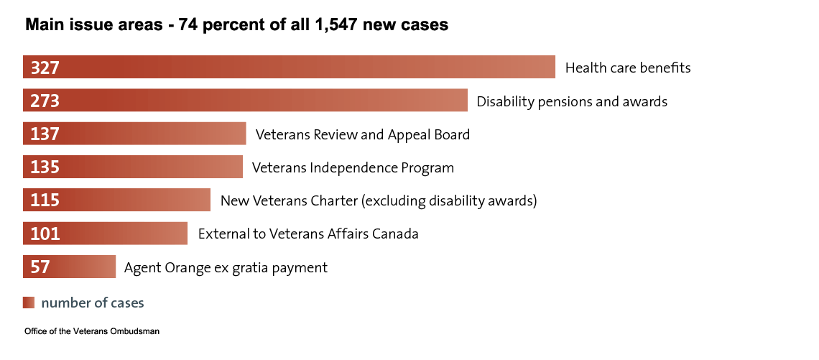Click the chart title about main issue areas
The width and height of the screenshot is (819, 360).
point(237,25)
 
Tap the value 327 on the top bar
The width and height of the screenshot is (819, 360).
point(45,68)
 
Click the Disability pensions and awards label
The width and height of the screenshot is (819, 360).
point(572,101)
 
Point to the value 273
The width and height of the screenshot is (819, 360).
point(45,101)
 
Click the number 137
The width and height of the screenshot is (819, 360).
point(45,134)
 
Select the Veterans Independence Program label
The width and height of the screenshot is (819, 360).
point(353,167)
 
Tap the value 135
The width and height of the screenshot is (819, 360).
point(45,167)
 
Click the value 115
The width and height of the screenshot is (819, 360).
point(45,200)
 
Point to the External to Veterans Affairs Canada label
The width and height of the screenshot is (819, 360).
point(307,234)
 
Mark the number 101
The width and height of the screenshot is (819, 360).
point(45,234)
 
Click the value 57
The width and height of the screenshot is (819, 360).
point(40,267)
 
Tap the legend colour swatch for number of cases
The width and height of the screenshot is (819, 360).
point(29,303)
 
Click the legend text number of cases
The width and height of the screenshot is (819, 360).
point(93,303)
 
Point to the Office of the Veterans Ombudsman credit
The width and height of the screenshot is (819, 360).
point(91,332)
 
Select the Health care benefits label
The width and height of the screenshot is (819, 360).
point(628,68)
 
